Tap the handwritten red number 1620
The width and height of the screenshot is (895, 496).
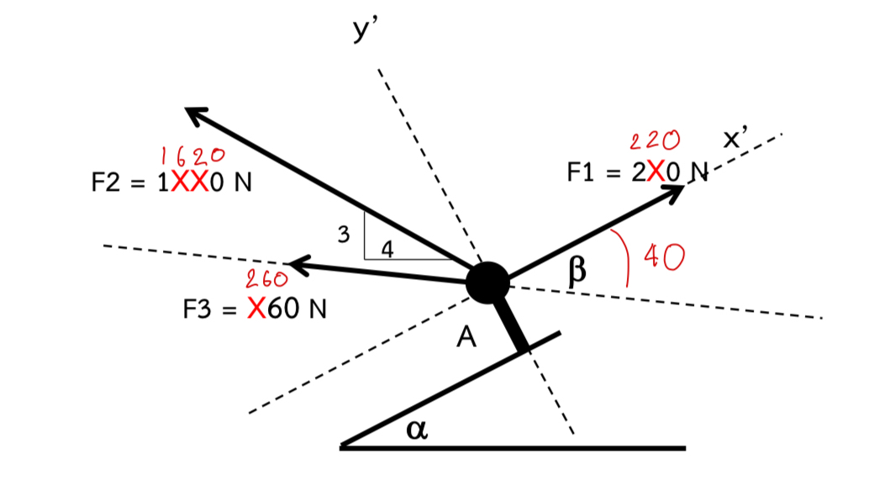point(192,155)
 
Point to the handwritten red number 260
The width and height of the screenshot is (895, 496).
point(267,278)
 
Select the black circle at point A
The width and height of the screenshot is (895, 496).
point(487,282)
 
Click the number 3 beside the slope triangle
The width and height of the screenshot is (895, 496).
point(343,235)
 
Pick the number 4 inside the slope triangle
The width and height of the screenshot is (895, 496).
point(387,249)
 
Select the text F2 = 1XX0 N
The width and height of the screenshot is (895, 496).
point(171,183)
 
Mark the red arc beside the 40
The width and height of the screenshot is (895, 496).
point(627,257)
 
